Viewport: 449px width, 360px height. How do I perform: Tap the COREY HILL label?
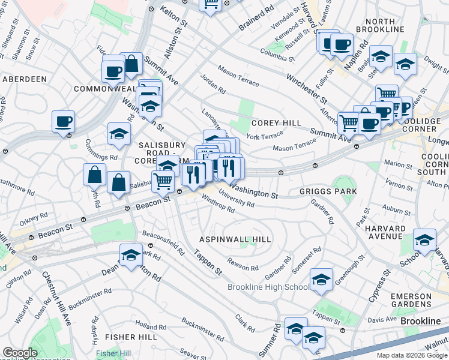pos(276,123)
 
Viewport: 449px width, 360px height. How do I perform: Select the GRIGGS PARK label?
pos(328,191)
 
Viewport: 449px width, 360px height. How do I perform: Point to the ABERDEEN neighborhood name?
pos(25,79)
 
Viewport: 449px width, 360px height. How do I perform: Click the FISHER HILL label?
pos(114,338)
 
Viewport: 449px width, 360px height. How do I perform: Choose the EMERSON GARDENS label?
pos(418,301)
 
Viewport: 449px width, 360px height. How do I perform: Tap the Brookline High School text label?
pos(268,287)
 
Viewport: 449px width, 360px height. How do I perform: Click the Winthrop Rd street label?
pos(218,205)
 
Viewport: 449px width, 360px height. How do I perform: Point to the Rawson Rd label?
pos(243,264)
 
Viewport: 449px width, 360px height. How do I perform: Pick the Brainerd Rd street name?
pos(256,18)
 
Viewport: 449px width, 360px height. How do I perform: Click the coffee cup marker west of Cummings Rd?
pos(63,122)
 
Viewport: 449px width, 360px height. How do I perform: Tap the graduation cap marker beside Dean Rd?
pos(131,255)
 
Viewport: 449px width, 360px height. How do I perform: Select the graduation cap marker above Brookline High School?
pos(321,280)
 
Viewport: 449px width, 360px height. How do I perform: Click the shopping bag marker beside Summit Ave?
pos(131,64)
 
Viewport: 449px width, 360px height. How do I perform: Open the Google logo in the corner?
pos(20,353)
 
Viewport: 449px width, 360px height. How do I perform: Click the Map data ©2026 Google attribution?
pos(412,355)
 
